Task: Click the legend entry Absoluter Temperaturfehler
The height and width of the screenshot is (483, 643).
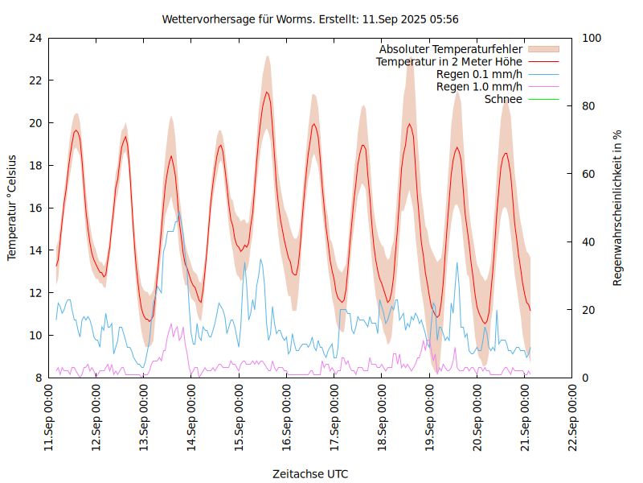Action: pyautogui.click(x=451, y=49)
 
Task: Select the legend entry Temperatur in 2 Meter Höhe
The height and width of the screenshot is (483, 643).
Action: pyautogui.click(x=449, y=62)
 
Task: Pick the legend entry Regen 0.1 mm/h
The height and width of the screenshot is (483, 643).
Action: pyautogui.click(x=479, y=74)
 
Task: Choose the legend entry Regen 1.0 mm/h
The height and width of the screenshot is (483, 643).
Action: pyautogui.click(x=479, y=87)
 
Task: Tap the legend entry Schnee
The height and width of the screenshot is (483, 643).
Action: pyautogui.click(x=504, y=99)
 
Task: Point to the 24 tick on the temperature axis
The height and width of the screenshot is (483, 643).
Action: pyautogui.click(x=35, y=38)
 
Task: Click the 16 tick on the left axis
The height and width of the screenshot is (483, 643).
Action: pyautogui.click(x=35, y=208)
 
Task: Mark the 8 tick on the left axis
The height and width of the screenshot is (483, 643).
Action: pyautogui.click(x=38, y=378)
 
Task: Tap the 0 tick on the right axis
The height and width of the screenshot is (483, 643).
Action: pyautogui.click(x=584, y=378)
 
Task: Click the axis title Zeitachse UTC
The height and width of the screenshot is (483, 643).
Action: pyautogui.click(x=310, y=473)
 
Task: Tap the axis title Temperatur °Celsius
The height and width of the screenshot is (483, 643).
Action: pyautogui.click(x=12, y=208)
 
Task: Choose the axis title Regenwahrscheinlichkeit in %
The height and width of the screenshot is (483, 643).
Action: pyautogui.click(x=618, y=208)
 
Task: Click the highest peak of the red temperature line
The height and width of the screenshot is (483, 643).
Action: pyautogui.click(x=268, y=92)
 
